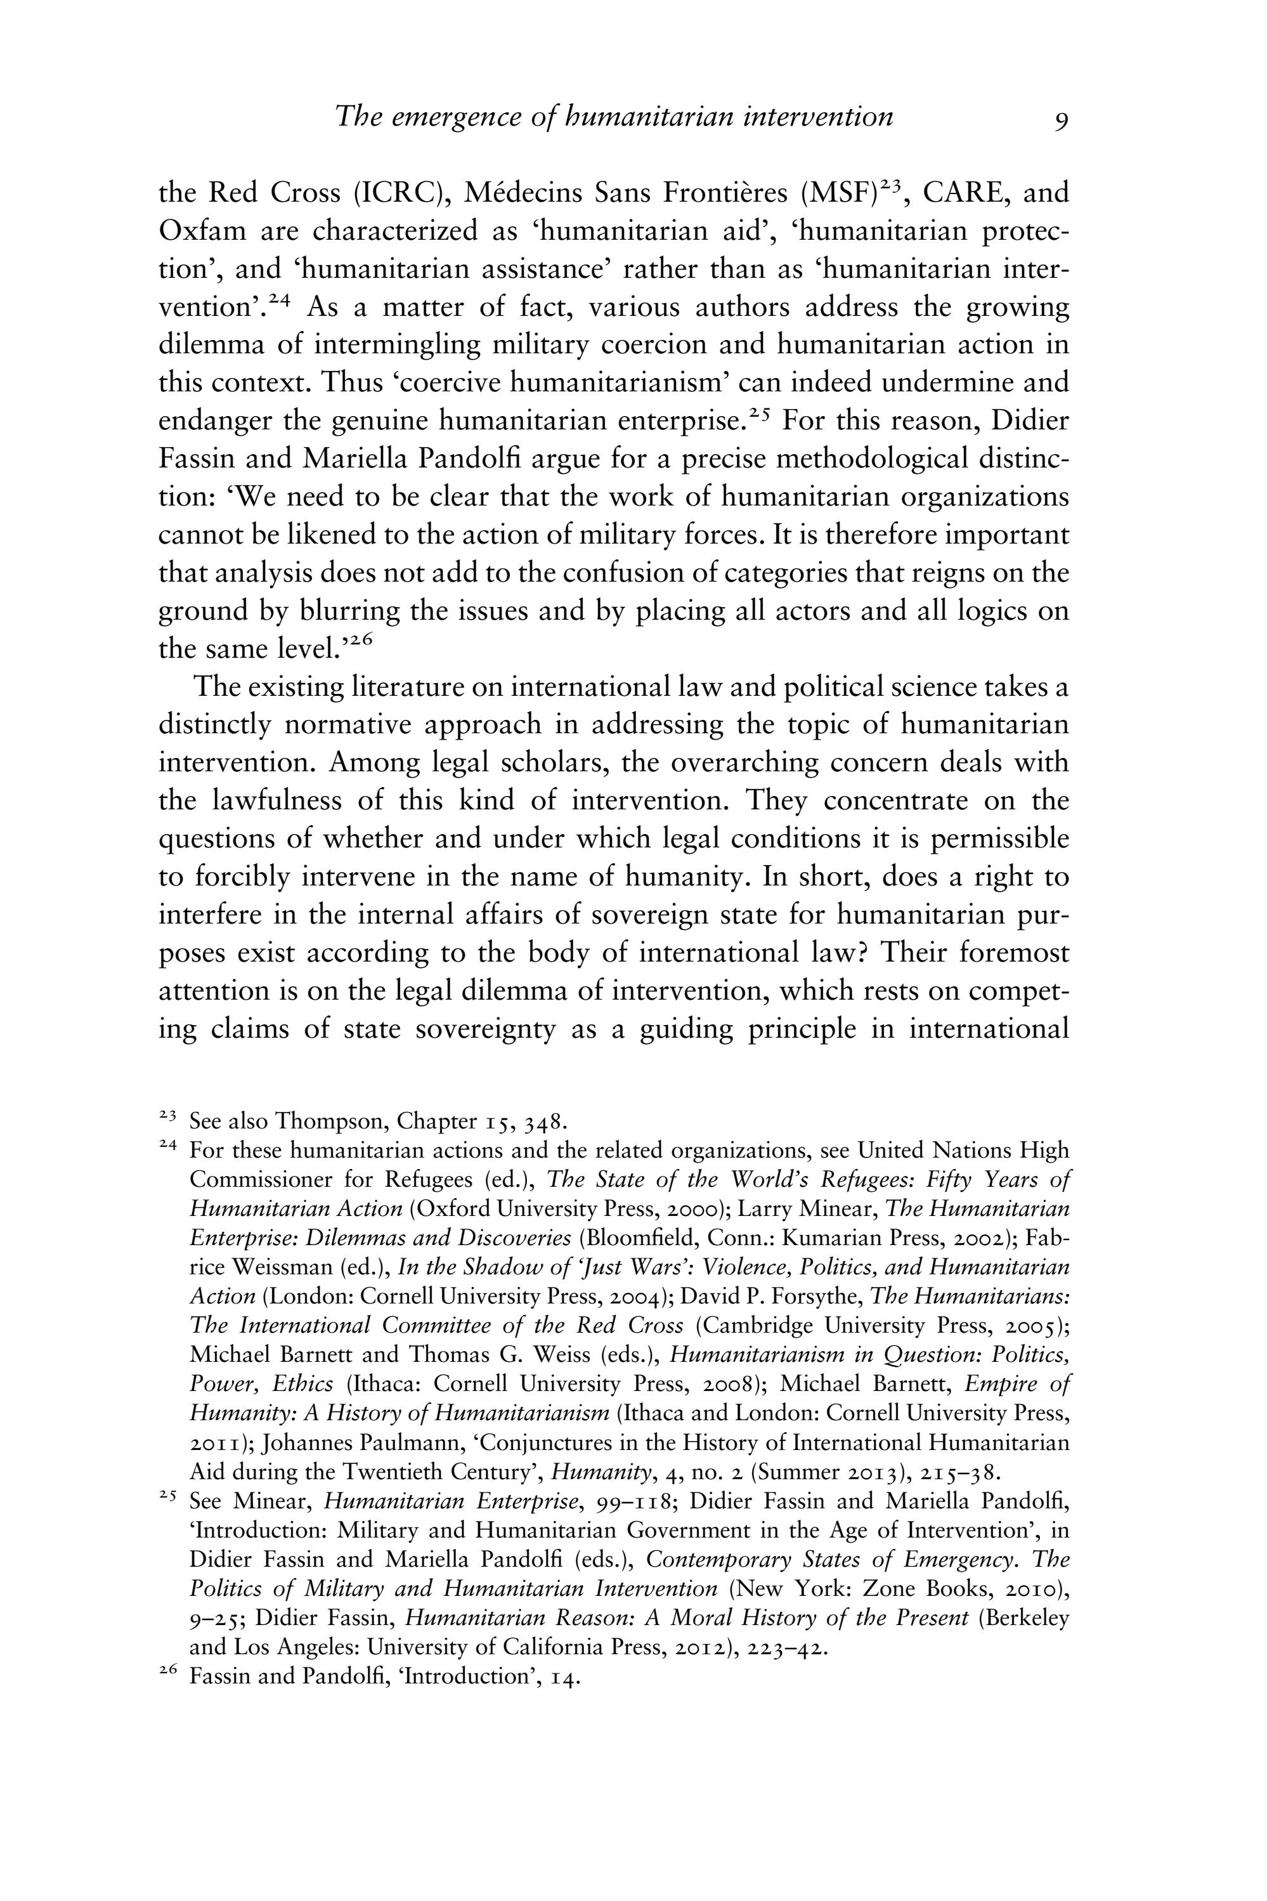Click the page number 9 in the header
tap(1061, 121)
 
